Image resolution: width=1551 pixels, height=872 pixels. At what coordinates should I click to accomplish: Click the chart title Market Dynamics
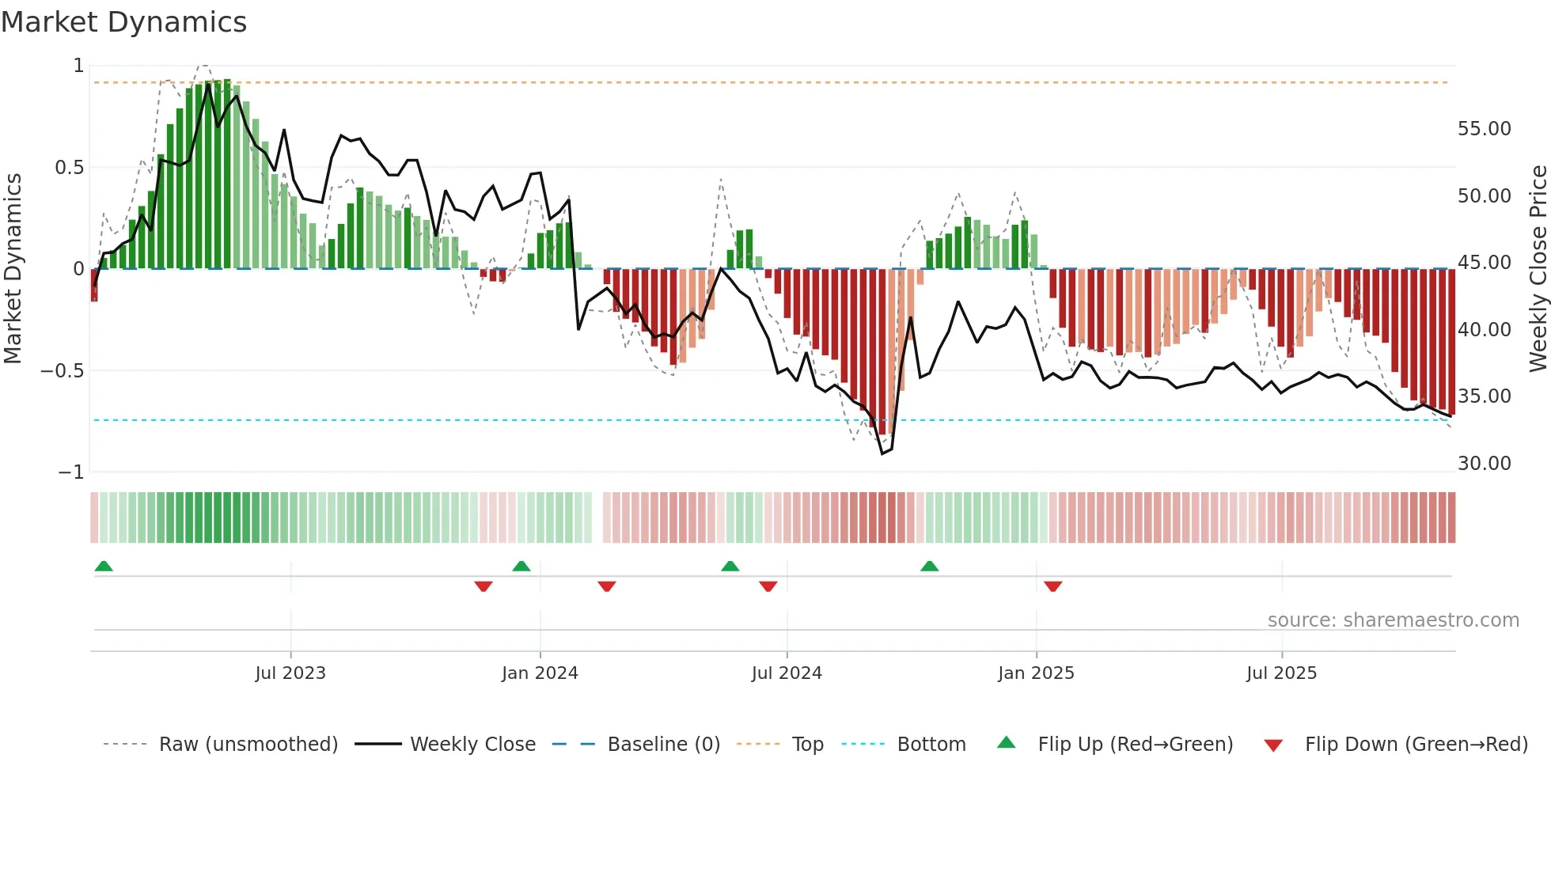(x=123, y=22)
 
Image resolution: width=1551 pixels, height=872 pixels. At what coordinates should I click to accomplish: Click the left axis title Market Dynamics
(x=13, y=268)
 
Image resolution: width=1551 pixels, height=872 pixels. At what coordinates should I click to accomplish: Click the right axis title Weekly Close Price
(x=1538, y=268)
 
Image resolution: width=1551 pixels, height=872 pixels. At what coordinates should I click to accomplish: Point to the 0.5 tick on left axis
(x=69, y=168)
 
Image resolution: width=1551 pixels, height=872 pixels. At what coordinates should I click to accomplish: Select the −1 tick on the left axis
(x=70, y=472)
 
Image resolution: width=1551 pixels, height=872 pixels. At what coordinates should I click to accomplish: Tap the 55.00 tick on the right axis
(x=1484, y=129)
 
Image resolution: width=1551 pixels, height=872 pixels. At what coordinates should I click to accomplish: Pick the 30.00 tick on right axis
(x=1484, y=464)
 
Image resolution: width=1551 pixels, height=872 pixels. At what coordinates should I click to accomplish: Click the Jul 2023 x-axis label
(x=290, y=673)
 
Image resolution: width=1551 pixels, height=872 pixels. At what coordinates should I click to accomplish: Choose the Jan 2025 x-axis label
(x=1036, y=673)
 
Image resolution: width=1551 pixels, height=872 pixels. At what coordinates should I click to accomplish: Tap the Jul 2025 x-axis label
(x=1281, y=673)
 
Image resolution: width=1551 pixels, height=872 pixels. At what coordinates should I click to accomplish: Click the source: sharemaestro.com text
(x=1393, y=620)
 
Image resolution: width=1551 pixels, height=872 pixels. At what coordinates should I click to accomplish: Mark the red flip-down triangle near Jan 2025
(x=1052, y=586)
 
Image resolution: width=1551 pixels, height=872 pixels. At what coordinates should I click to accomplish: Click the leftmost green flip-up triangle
(x=104, y=566)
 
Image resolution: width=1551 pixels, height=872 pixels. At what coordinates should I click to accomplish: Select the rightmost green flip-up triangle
(x=930, y=566)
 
